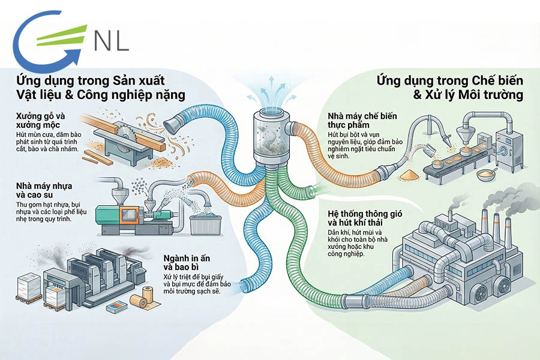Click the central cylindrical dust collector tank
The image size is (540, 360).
click(x=270, y=138)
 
